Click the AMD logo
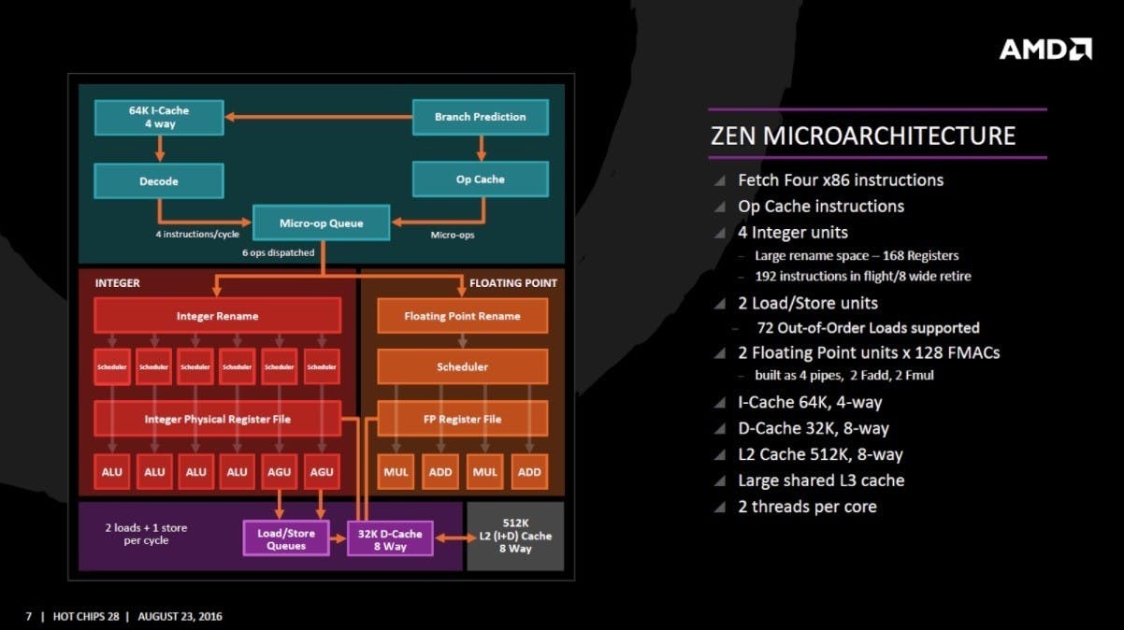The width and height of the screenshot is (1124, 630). click(x=1045, y=50)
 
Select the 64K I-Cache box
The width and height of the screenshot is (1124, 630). click(x=159, y=118)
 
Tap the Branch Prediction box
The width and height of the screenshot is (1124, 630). click(x=481, y=117)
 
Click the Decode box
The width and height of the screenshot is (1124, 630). click(x=159, y=180)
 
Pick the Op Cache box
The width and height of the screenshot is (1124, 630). click(x=481, y=179)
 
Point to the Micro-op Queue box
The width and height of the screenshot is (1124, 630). click(x=321, y=222)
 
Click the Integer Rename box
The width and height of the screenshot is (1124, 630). click(x=217, y=316)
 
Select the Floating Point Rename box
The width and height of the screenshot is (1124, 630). click(x=462, y=316)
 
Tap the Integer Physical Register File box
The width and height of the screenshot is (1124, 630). click(x=217, y=419)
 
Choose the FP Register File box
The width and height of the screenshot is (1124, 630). click(x=462, y=419)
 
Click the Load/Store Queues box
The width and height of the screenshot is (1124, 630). click(x=286, y=538)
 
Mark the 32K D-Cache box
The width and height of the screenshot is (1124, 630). click(x=390, y=538)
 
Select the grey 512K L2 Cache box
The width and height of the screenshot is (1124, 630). click(x=515, y=536)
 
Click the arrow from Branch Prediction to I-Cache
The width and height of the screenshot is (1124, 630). click(x=319, y=117)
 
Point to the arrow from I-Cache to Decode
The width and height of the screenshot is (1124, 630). click(x=160, y=149)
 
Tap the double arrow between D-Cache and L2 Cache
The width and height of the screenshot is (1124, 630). click(x=455, y=538)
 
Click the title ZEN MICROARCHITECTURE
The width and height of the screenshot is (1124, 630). click(x=863, y=136)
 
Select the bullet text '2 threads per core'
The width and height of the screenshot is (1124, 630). click(x=807, y=507)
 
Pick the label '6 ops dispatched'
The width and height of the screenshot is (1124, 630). click(x=279, y=252)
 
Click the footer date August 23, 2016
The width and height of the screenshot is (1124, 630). click(x=180, y=617)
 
